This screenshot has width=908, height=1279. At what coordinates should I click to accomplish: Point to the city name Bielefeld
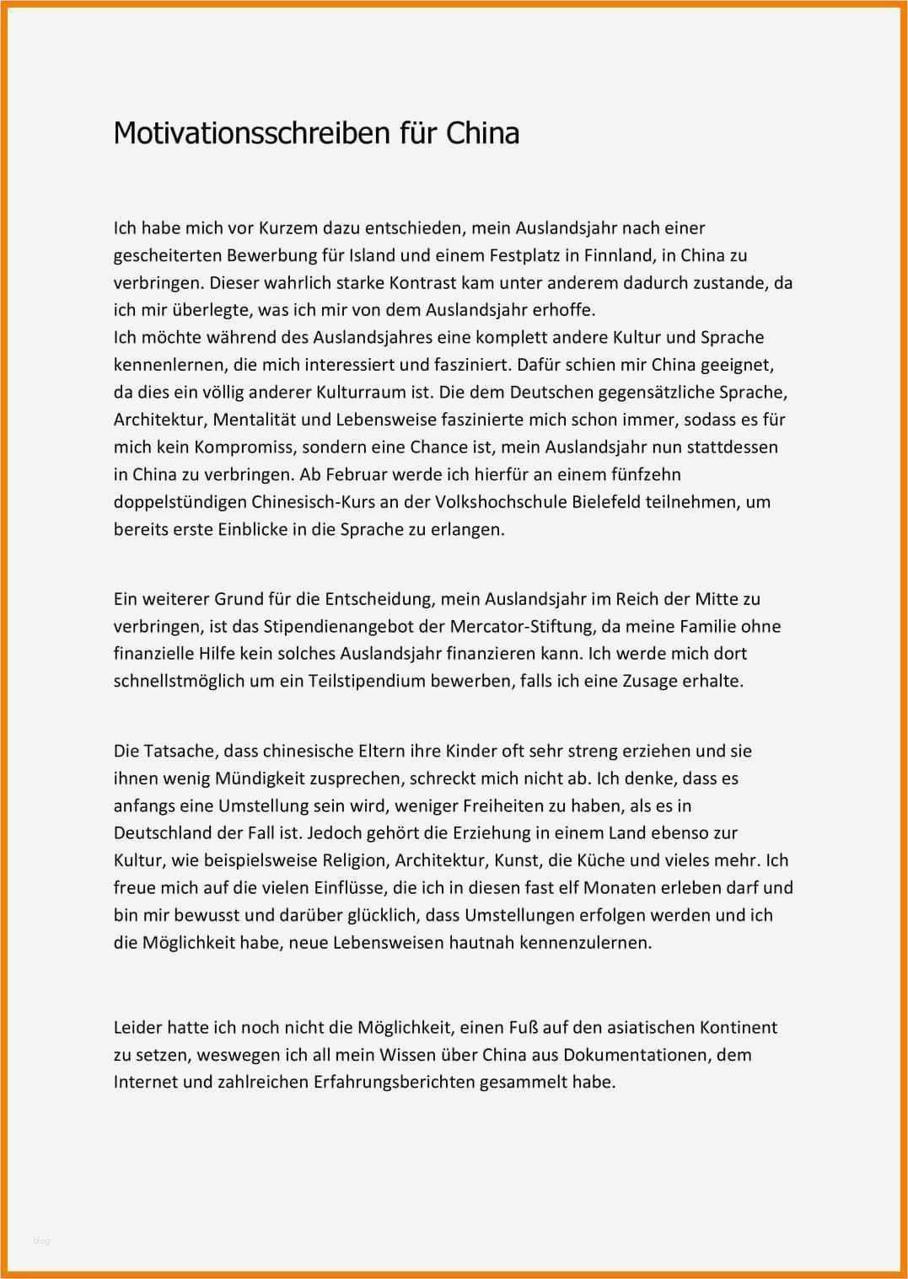point(594,502)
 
